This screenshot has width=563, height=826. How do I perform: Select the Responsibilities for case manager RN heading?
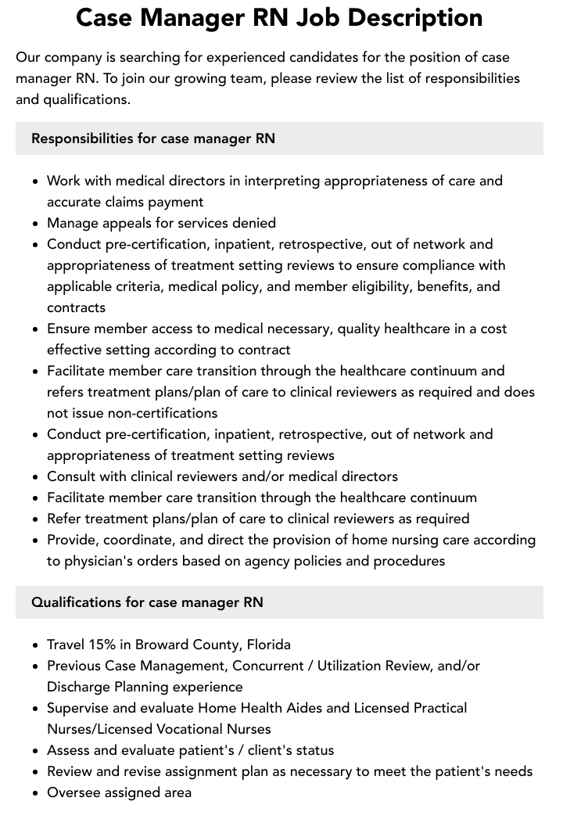153,138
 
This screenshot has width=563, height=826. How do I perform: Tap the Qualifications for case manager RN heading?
147,602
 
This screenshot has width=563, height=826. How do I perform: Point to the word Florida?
268,645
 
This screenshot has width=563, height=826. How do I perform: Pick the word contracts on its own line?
76,307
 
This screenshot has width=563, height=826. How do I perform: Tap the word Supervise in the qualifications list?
81,708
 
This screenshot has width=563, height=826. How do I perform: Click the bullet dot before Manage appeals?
36,224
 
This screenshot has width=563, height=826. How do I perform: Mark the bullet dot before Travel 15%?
36,645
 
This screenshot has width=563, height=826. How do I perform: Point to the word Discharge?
80,687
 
